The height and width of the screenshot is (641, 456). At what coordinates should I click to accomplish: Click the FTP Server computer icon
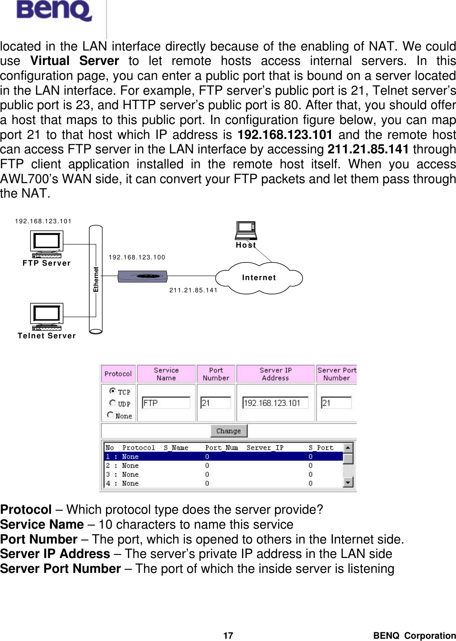(47, 244)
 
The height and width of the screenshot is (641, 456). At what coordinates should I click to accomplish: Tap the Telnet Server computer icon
(47, 316)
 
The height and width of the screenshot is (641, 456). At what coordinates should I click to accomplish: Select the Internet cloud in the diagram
(259, 278)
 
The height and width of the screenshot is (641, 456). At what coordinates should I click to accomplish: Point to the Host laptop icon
(246, 230)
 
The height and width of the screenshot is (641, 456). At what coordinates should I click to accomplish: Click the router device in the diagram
(142, 276)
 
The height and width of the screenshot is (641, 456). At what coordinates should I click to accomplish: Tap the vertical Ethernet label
(96, 279)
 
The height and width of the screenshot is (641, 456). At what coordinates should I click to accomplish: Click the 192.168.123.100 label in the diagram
(137, 257)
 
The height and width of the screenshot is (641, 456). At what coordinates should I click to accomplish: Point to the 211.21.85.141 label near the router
(193, 290)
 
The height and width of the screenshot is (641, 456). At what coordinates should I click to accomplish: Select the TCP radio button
(112, 391)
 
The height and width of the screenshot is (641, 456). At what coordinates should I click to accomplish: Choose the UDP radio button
(112, 403)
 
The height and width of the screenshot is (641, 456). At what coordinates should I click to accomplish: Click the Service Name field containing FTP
(166, 403)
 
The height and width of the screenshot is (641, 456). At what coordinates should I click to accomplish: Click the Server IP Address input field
(275, 403)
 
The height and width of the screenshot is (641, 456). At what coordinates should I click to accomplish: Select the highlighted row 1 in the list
(223, 457)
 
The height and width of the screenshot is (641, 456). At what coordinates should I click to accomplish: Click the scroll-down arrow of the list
(348, 483)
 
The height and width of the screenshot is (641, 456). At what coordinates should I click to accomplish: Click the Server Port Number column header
(337, 374)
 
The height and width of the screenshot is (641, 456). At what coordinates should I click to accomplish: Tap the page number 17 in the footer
(228, 636)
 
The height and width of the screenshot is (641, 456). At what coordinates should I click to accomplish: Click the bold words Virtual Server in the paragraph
(74, 61)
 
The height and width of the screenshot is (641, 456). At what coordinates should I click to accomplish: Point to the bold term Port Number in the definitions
(39, 539)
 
